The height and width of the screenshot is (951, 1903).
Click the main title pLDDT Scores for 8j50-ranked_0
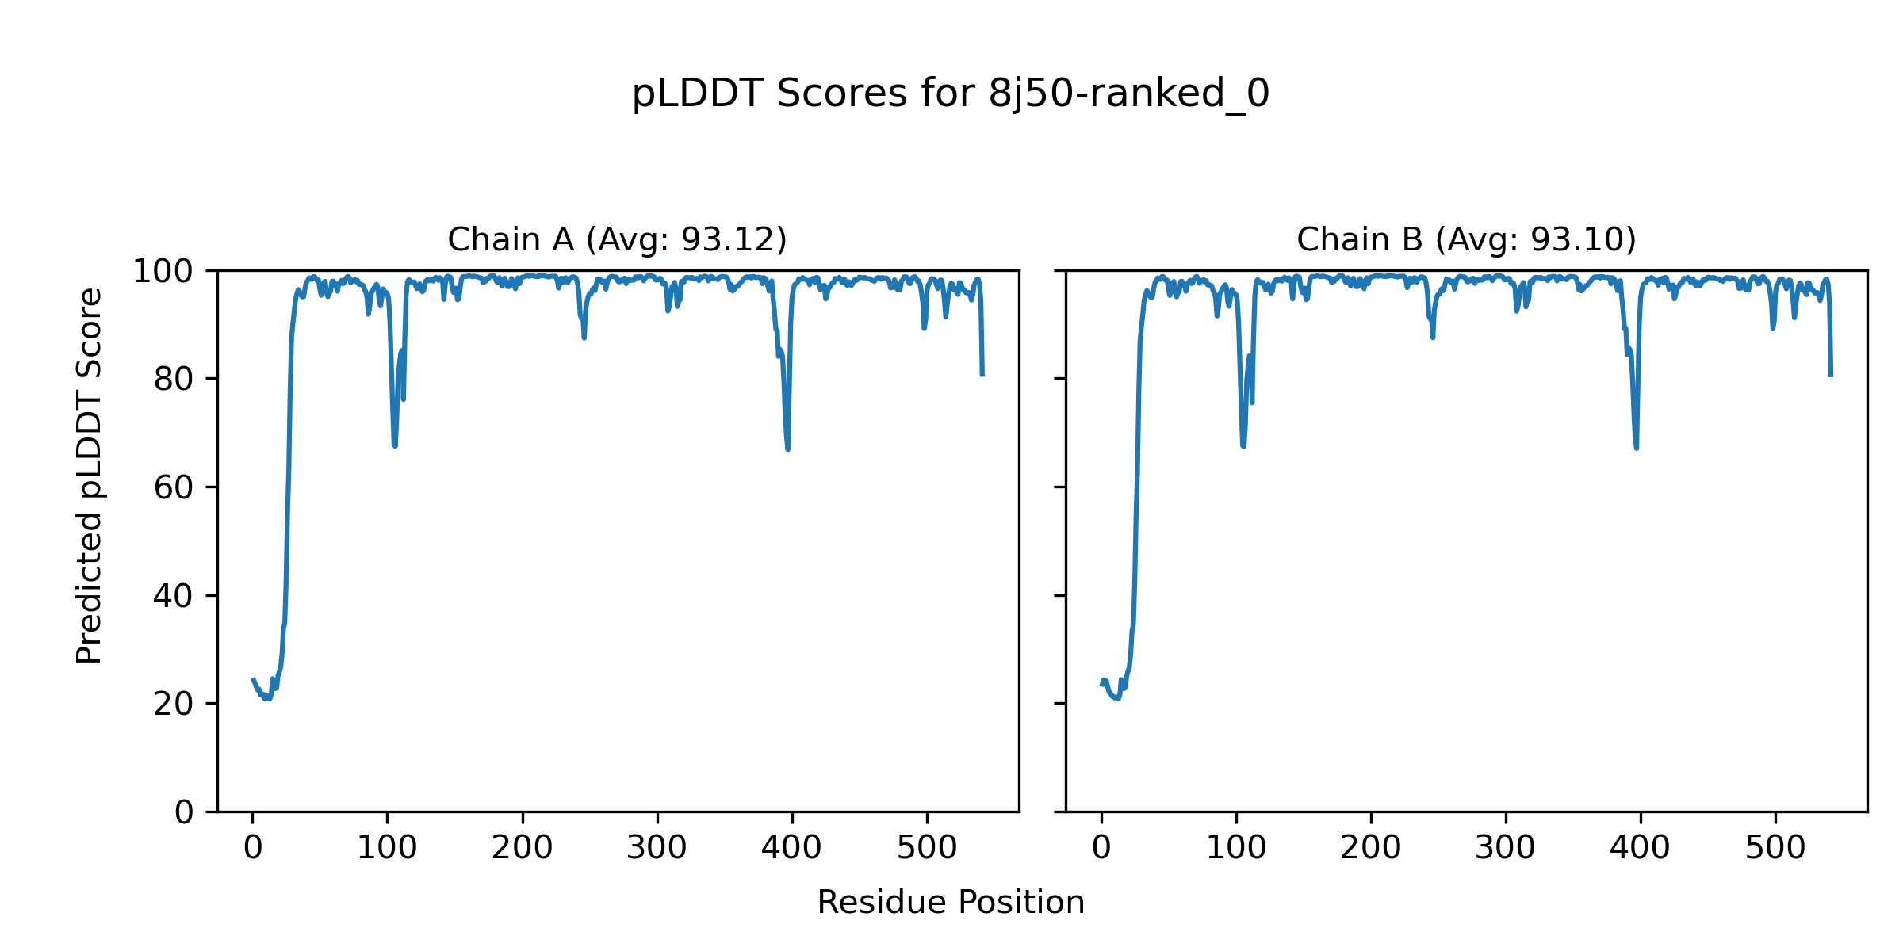point(951,94)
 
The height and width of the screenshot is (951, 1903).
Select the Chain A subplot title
point(617,239)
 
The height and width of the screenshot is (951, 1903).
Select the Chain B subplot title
point(1466,239)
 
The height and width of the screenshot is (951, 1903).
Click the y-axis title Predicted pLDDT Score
point(90,475)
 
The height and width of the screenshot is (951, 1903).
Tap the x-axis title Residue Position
point(951,903)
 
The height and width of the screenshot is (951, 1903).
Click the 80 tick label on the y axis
point(174,380)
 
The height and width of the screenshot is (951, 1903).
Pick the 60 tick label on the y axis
point(174,487)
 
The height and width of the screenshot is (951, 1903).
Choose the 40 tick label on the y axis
point(174,596)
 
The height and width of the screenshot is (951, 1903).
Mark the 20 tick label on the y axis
point(174,704)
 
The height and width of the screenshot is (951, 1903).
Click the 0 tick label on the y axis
point(184,812)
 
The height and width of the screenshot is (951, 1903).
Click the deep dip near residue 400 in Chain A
point(787,449)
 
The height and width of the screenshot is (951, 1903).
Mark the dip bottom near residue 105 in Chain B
point(1243,446)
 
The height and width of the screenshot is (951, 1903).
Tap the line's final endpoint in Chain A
point(982,375)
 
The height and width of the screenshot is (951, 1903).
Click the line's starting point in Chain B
point(1102,684)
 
